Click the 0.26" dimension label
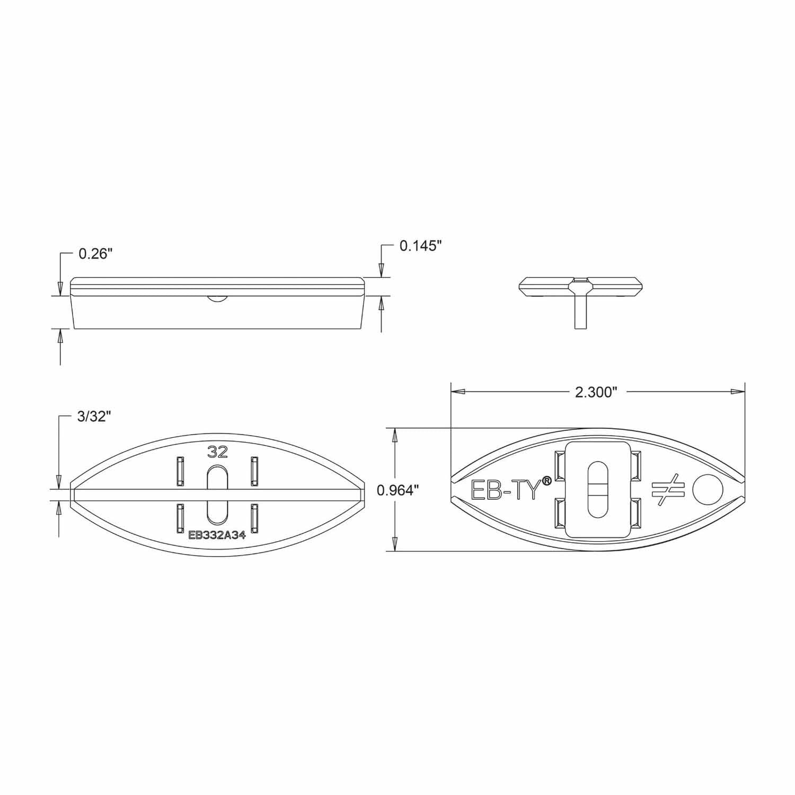96,254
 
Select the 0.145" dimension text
421,245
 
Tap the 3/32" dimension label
94,417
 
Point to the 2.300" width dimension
597,392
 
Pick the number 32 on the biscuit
218,452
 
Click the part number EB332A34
217,535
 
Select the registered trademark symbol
547,479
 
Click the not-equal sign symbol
666,490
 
